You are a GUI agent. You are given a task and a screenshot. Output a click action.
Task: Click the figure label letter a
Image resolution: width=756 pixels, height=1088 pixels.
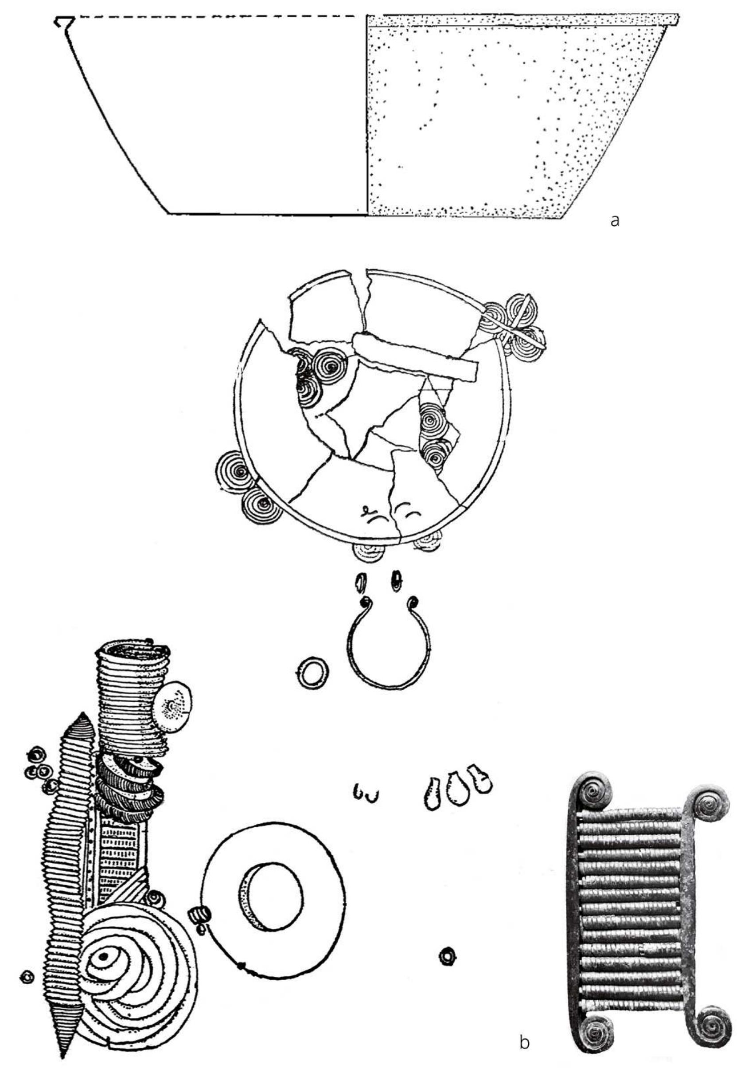point(615,220)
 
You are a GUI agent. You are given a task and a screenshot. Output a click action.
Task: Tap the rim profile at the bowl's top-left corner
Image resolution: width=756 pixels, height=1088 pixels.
point(64,22)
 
